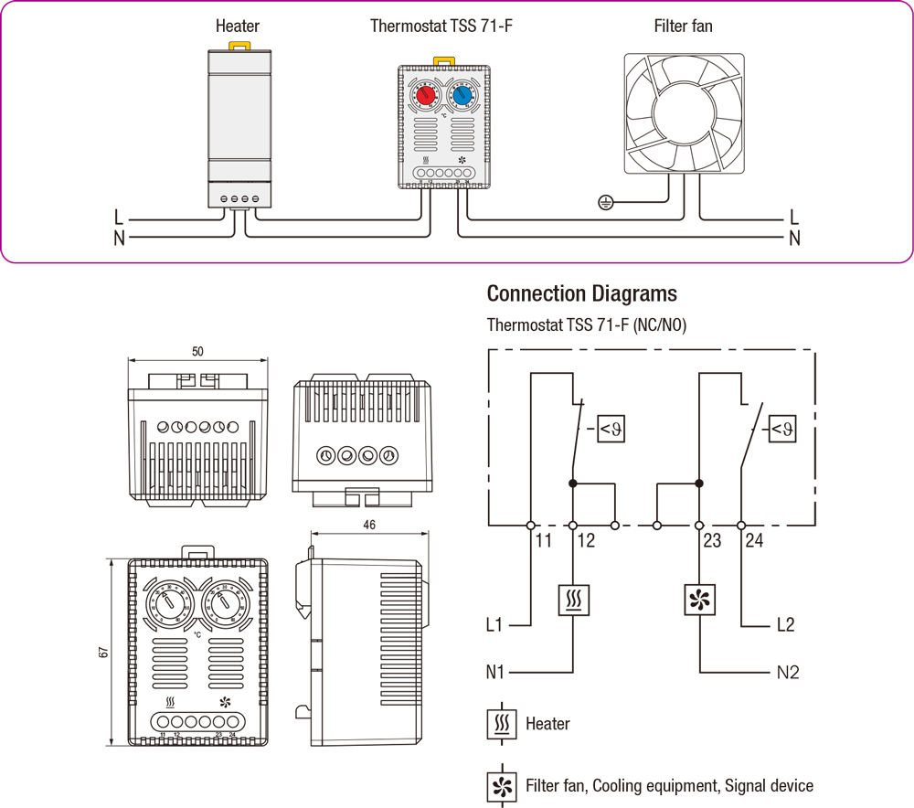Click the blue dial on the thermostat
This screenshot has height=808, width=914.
coord(462,95)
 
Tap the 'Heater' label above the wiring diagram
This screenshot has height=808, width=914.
coord(238,26)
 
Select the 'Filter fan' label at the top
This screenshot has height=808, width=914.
coord(683,26)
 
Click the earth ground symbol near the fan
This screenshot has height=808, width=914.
coord(603,202)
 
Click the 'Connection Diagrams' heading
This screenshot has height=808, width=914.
coord(582,293)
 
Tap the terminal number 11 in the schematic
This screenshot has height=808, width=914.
coord(544,541)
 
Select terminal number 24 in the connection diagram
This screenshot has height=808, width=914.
coord(753,541)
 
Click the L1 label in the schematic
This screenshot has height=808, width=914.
coord(494,626)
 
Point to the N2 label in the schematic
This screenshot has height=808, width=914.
coord(788,673)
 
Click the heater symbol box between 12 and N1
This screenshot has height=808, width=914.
coord(573,601)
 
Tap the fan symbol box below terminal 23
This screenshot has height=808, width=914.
coord(699,601)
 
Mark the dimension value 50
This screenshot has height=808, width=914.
coord(197,351)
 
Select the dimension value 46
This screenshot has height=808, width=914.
coord(368,525)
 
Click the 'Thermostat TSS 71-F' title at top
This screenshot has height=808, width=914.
coord(441,26)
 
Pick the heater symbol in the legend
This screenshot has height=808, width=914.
coord(501,723)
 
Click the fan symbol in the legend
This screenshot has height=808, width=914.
coord(501,786)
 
